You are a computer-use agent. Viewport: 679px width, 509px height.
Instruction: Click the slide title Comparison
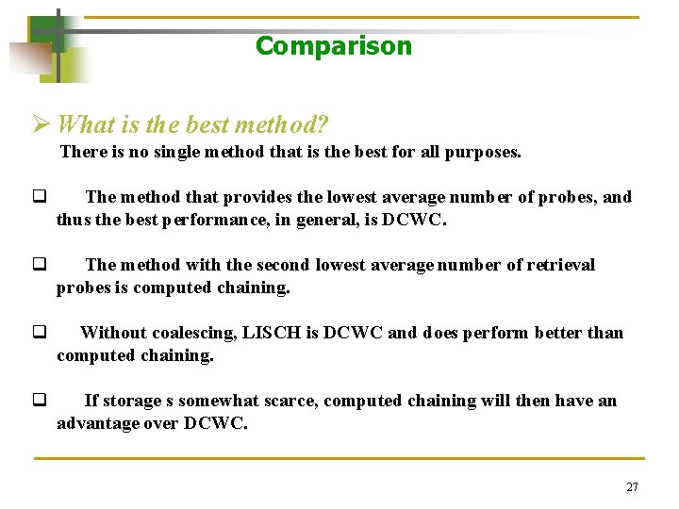coord(333,46)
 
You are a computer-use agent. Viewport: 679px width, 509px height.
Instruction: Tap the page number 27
coord(632,487)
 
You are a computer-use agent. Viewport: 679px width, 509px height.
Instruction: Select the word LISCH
coord(273,333)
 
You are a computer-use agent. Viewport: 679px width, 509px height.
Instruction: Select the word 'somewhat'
coord(208,401)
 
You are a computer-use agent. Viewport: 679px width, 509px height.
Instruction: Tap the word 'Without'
coord(111,333)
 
